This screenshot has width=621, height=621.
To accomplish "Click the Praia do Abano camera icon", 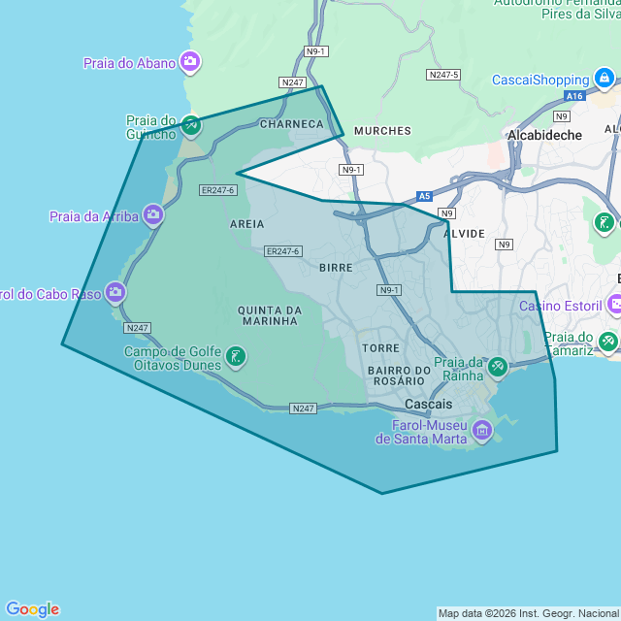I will (x=190, y=63).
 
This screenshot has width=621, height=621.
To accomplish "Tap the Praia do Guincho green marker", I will (x=191, y=124).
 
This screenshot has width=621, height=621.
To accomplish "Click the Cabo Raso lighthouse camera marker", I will (x=115, y=292).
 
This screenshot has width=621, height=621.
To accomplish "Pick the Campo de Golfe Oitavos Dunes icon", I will (x=235, y=358).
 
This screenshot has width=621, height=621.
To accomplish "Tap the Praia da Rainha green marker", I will (x=497, y=367).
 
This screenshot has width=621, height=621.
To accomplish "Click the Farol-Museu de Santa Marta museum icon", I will (x=482, y=429).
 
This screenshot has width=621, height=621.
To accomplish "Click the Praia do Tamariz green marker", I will (x=607, y=342).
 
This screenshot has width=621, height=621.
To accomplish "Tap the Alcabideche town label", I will (x=545, y=135).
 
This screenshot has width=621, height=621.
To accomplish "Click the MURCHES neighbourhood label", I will (x=382, y=130).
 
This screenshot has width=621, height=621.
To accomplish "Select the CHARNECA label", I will (x=291, y=124).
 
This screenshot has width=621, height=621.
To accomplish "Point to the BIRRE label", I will (x=335, y=265).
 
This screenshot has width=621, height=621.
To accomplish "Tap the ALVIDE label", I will (x=463, y=235).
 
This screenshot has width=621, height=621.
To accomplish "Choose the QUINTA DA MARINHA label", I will (x=270, y=316).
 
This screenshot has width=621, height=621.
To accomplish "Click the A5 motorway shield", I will (x=424, y=195).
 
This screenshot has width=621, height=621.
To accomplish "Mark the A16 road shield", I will (x=575, y=96).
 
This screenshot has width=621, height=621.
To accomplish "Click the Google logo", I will (x=32, y=609).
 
